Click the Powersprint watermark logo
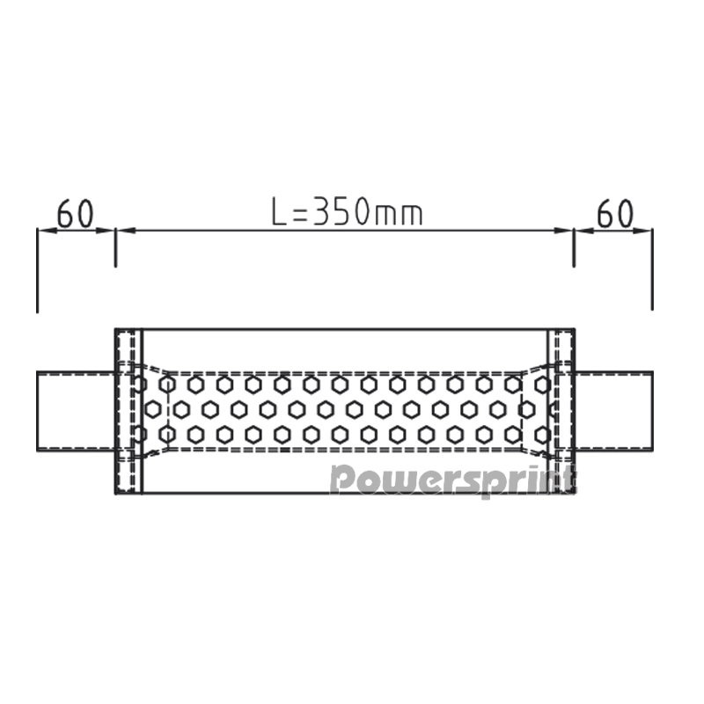(x=452, y=480)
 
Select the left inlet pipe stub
(x=76, y=411)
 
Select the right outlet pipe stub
(x=613, y=411)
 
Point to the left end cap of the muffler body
(x=128, y=411)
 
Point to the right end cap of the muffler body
(x=561, y=411)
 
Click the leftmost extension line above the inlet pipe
(x=37, y=270)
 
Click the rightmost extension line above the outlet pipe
(x=652, y=269)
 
